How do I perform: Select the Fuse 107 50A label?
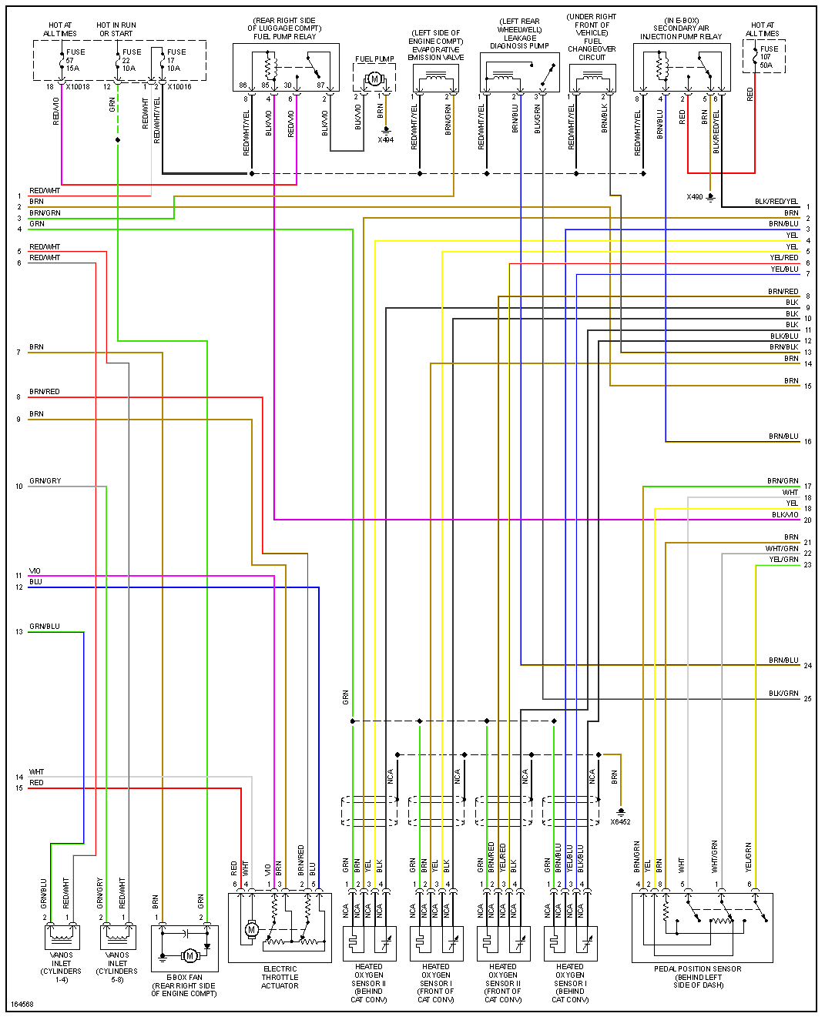[768, 57]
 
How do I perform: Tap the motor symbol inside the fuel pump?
[375, 79]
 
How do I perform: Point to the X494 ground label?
[385, 140]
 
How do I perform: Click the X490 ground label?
[695, 197]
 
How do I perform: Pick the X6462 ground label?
[620, 821]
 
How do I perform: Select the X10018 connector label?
[78, 87]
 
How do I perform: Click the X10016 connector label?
[179, 87]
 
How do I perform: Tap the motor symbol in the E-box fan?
[189, 955]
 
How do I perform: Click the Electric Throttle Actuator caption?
[280, 977]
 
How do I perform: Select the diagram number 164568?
[22, 1004]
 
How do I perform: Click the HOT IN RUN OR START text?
[116, 29]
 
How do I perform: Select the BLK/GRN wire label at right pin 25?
[783, 694]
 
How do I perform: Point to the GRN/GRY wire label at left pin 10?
[45, 481]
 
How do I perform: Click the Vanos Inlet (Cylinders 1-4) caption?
[61, 967]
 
